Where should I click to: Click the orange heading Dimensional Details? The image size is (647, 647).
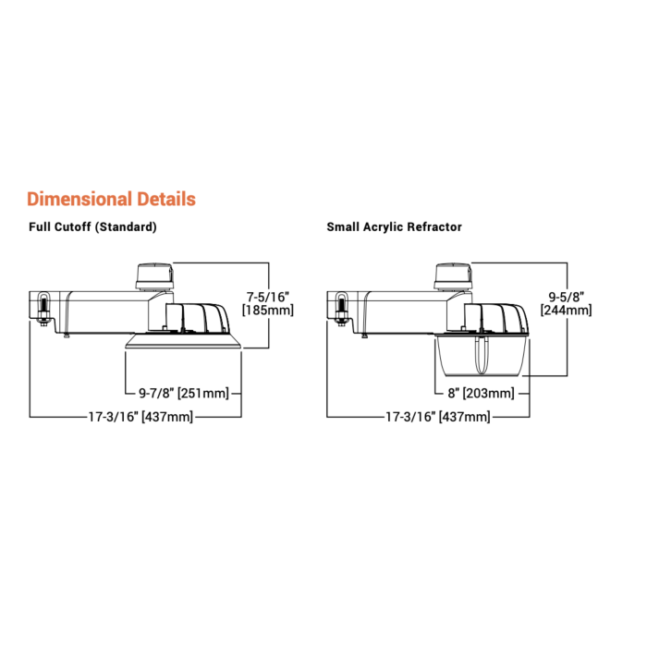click(x=112, y=199)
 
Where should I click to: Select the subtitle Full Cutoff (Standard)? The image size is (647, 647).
click(x=92, y=227)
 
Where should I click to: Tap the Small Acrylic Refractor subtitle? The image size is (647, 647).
click(x=394, y=227)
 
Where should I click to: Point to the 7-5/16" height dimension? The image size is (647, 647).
click(x=268, y=297)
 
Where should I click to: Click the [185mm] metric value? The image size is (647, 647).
click(x=268, y=311)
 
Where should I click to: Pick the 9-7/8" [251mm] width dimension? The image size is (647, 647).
click(x=184, y=393)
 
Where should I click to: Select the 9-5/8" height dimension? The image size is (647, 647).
click(x=566, y=297)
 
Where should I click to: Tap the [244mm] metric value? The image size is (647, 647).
click(x=566, y=311)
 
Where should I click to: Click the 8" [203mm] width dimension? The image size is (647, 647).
click(x=482, y=393)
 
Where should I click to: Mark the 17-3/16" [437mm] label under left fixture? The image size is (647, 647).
click(x=140, y=417)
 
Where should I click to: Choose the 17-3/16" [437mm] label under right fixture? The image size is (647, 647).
click(x=438, y=417)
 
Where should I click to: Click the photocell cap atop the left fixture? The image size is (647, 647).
click(x=154, y=276)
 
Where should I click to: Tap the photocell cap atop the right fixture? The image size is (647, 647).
click(x=453, y=276)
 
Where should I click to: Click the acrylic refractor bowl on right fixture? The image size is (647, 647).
click(x=482, y=356)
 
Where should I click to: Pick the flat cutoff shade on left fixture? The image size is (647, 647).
click(x=184, y=342)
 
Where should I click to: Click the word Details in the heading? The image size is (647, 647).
click(x=166, y=199)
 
